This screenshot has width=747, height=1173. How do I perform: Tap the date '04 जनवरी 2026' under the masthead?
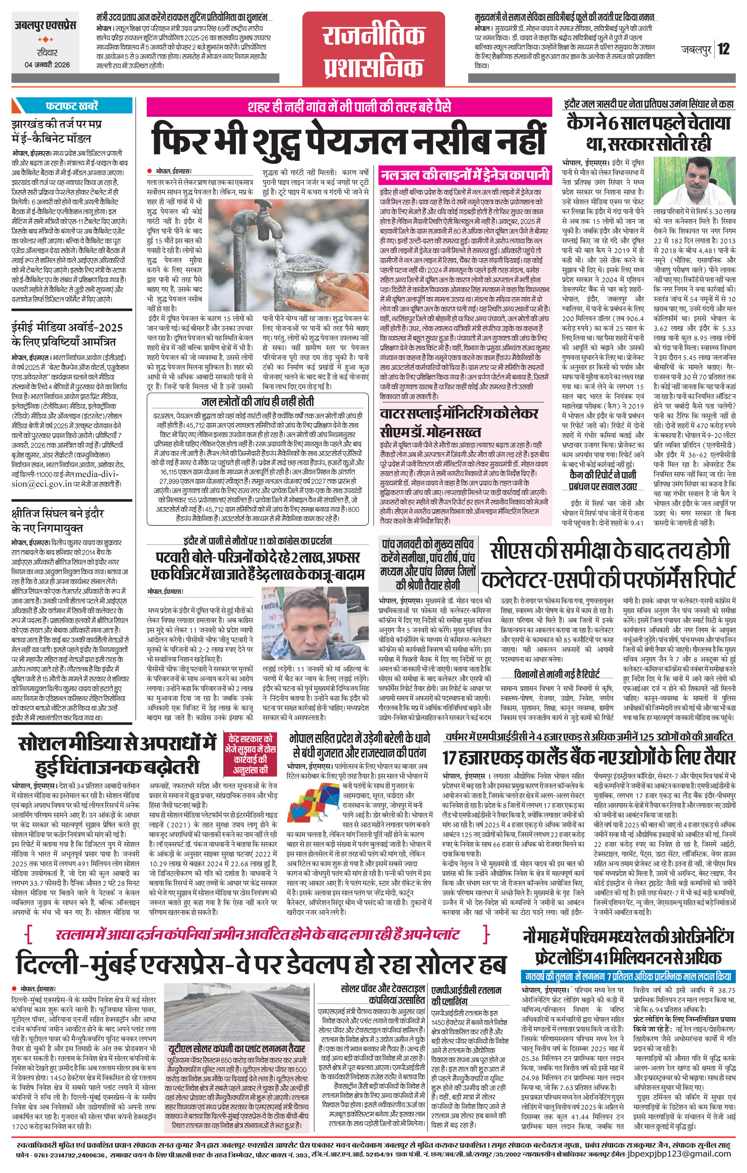click(47, 65)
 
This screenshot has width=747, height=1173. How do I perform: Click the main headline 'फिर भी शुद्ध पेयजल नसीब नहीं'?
click(349, 138)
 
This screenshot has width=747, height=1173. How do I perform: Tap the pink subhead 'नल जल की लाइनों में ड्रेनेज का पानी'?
click(465, 174)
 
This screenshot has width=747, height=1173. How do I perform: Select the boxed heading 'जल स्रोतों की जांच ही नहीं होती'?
click(258, 402)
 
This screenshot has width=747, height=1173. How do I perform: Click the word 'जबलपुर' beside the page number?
click(696, 50)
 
